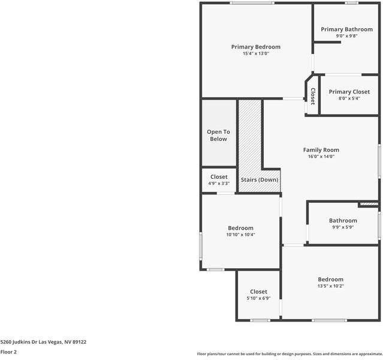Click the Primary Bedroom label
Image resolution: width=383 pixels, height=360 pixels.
point(256,47)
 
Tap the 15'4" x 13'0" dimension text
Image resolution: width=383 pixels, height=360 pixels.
point(256,53)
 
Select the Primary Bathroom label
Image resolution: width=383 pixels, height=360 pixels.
point(346,29)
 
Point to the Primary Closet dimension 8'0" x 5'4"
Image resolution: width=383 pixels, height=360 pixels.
point(349,98)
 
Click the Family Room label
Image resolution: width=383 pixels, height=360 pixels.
point(321,150)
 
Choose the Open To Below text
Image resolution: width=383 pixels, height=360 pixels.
point(218,135)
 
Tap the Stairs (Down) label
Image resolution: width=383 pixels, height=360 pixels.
point(260,180)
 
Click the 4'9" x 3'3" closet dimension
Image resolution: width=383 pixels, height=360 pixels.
point(219,184)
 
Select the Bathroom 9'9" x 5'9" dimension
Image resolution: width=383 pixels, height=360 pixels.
point(343,227)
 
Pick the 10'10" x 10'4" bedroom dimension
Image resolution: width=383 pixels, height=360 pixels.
point(240,235)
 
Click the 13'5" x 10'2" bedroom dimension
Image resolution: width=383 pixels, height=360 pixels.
point(330,286)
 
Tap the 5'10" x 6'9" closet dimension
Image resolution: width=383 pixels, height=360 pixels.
point(258,298)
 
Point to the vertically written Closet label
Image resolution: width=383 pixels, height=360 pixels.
point(313,97)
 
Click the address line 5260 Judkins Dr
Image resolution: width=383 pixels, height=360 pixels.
point(43,342)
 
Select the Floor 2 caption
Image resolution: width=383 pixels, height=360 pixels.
point(8,352)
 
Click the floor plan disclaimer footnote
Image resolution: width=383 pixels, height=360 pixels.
point(289,354)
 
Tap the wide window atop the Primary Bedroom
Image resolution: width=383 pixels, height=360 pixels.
point(252,3)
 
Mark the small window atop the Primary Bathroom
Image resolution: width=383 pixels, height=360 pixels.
point(352,3)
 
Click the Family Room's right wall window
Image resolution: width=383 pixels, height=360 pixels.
point(379,161)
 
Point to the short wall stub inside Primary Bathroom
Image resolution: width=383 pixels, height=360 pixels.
point(327,43)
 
